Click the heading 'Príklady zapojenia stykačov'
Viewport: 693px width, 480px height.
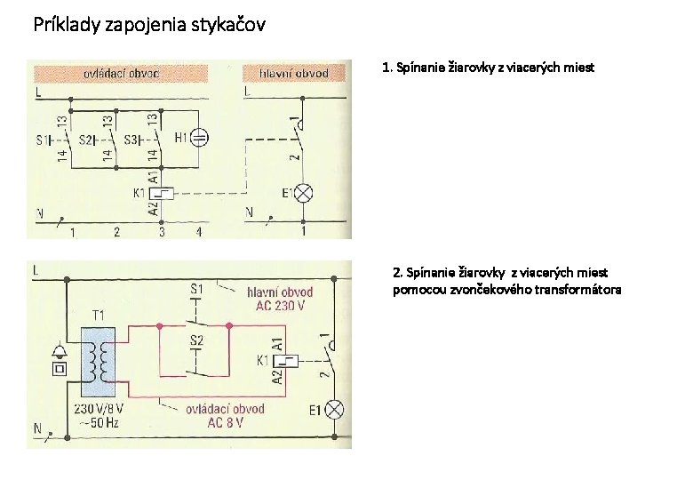pos(148,24)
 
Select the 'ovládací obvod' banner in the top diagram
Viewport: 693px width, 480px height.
pos(122,73)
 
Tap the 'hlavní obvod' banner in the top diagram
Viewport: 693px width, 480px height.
pos(294,73)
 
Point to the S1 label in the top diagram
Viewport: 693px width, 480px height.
pos(43,140)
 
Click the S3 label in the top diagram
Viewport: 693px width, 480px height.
pos(131,140)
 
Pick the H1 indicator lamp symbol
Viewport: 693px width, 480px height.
pos(202,138)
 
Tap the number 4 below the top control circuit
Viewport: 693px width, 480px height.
pos(199,233)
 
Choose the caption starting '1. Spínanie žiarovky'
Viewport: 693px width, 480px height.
pos(488,68)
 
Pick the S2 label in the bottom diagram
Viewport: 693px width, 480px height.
pos(196,340)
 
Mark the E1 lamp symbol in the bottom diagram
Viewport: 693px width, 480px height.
pos(336,410)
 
